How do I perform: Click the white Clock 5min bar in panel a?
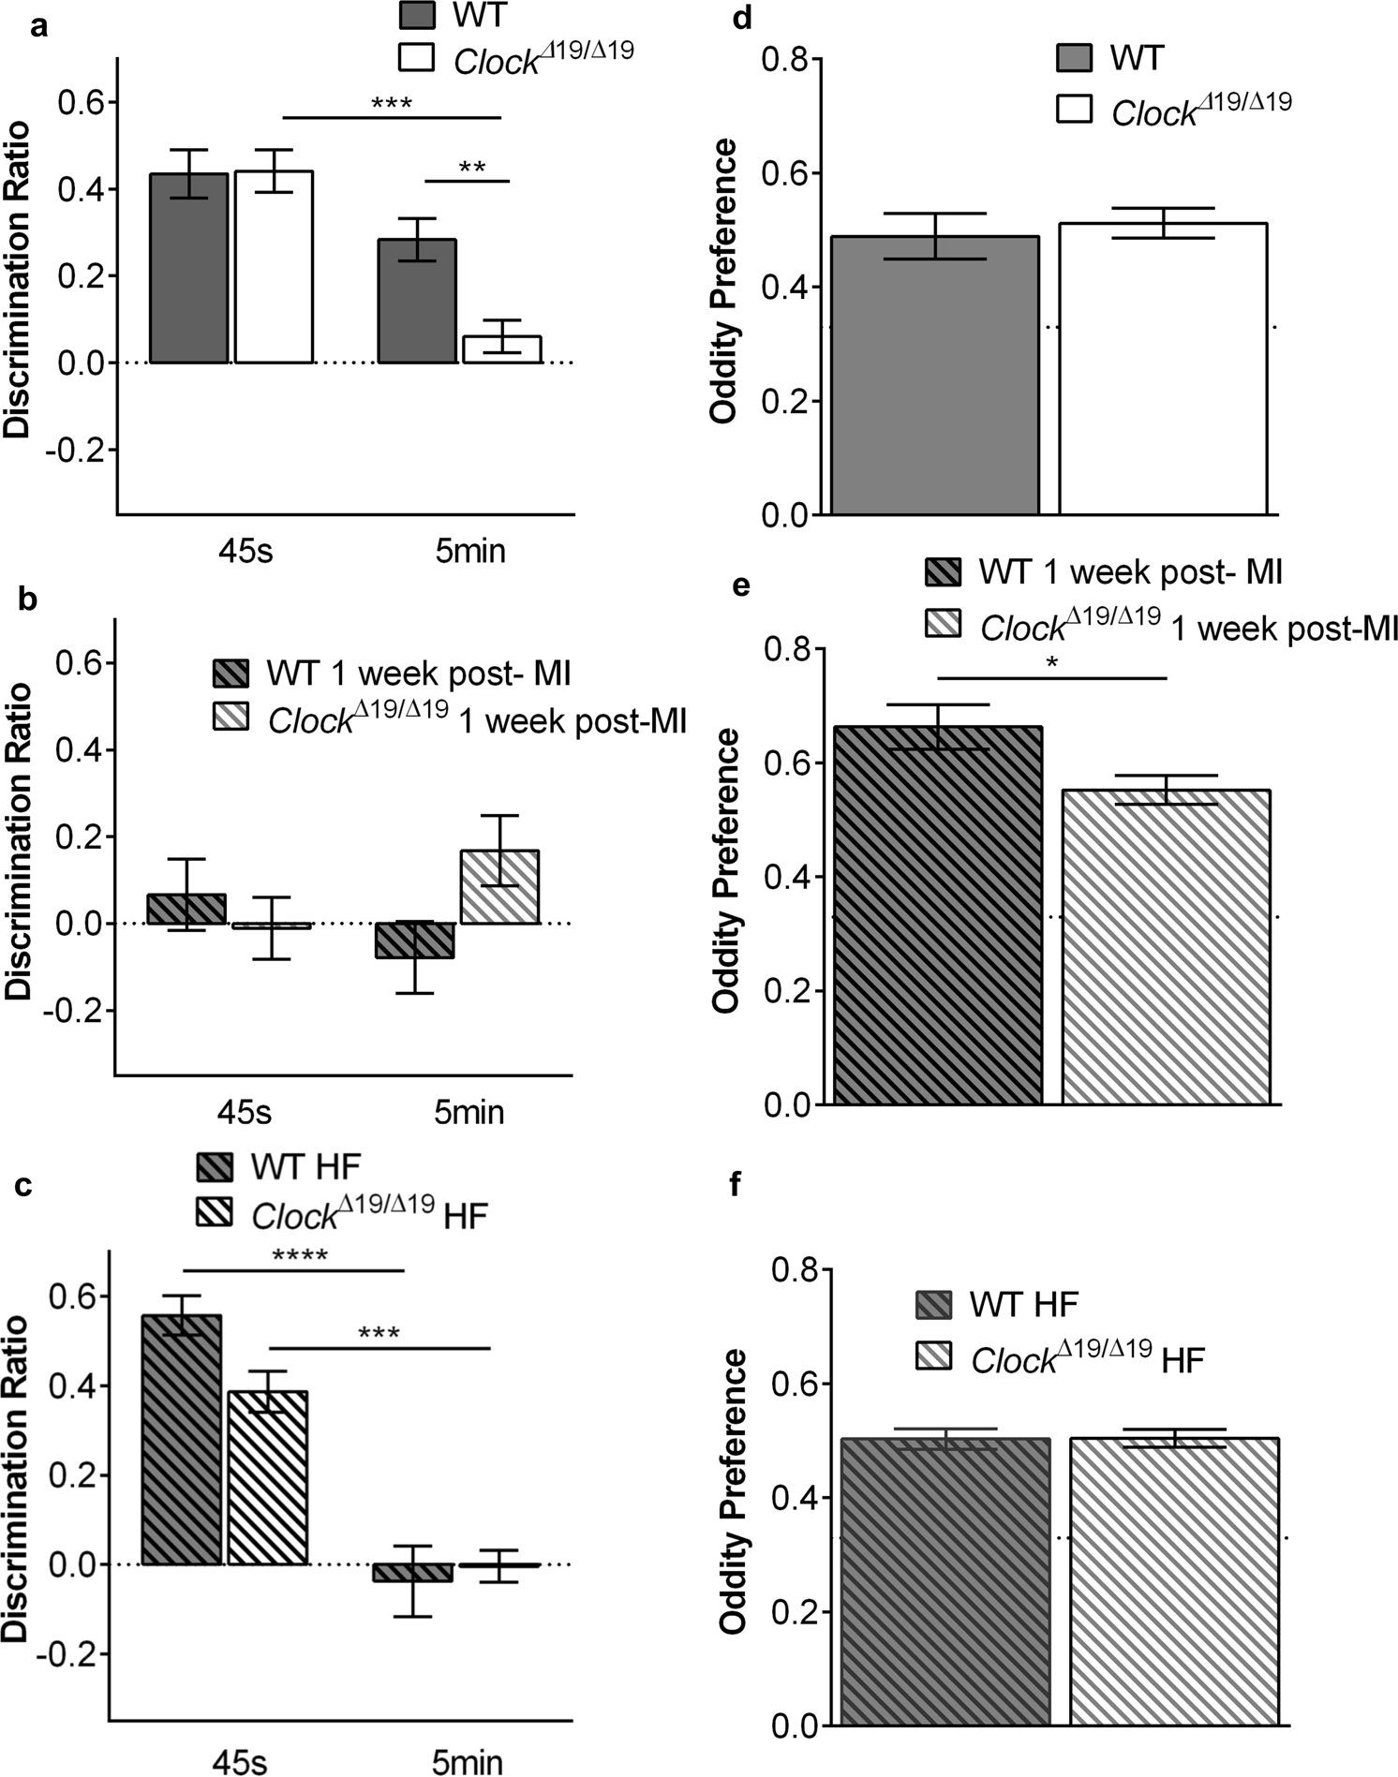tap(502, 349)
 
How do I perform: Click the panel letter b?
tap(27, 600)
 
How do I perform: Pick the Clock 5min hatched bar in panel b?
tap(499, 887)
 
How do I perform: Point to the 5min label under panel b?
tap(468, 1112)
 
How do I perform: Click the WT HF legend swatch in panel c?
tap(215, 1167)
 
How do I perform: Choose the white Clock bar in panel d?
tap(1163, 369)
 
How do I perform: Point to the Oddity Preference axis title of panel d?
tap(724, 281)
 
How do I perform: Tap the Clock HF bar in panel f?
tap(1174, 1582)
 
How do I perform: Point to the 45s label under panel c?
tap(239, 1762)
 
